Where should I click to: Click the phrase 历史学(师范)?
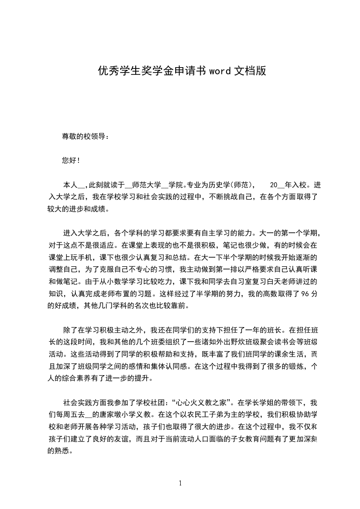coord(232,185)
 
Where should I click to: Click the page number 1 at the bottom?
coord(180,483)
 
